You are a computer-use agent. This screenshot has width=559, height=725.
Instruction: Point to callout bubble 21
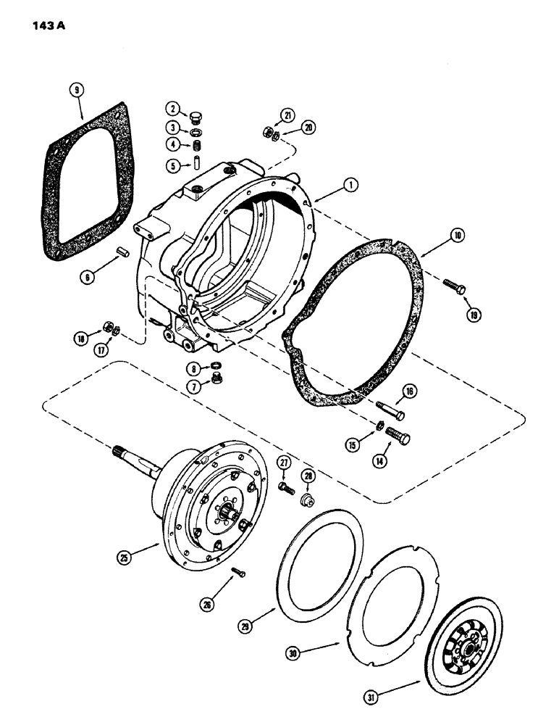(x=289, y=115)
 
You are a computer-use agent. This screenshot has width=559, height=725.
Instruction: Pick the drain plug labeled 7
(x=216, y=379)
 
